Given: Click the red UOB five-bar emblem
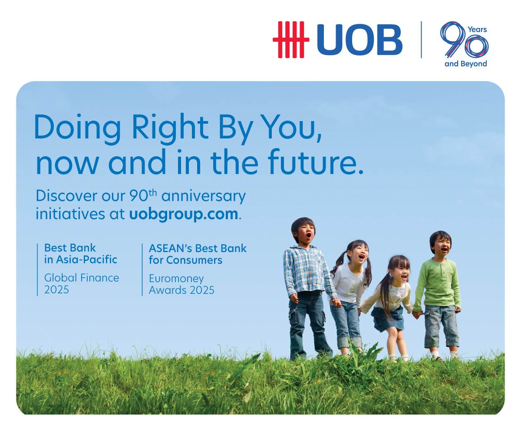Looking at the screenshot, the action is [291, 39].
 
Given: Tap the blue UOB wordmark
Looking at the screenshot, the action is [359, 39].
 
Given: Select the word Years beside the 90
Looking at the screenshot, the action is [477, 30].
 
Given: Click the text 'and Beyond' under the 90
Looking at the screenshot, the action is [465, 64].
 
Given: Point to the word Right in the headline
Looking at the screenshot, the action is [170, 128].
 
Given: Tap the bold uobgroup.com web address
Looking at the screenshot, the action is [184, 214].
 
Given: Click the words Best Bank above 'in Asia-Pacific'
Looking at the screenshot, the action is [70, 248].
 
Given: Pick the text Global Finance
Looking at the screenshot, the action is [82, 278].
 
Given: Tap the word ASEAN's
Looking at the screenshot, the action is [171, 248].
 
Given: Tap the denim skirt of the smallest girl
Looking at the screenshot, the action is [388, 318].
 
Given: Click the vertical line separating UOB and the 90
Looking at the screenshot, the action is [422, 39].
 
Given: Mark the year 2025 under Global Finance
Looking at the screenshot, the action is [56, 290].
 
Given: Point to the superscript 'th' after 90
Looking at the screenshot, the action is [153, 193].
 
